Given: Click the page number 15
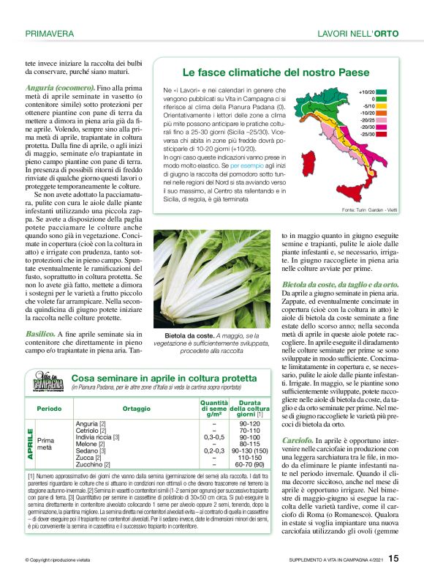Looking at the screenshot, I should tap(393, 559).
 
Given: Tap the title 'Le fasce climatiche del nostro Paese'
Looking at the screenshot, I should tap(265, 72).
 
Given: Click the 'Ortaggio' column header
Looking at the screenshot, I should tap(137, 408).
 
